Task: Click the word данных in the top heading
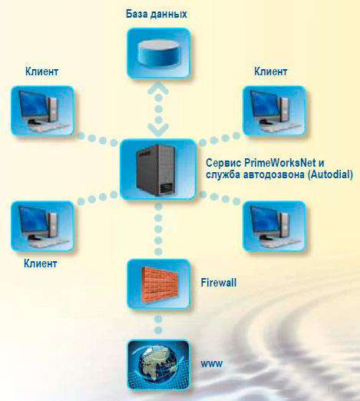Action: (x=169, y=15)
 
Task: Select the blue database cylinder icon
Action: (x=158, y=53)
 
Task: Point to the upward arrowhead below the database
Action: (x=158, y=88)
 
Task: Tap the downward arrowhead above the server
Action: (x=158, y=130)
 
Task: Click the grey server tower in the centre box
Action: (x=155, y=170)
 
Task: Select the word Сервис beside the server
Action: (x=223, y=163)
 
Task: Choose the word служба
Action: (x=223, y=174)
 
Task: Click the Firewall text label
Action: (x=218, y=283)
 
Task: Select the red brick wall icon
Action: (x=159, y=284)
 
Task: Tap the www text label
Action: (x=212, y=363)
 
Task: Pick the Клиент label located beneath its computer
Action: (x=40, y=263)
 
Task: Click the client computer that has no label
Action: (x=274, y=226)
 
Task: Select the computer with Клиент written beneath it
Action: (x=42, y=226)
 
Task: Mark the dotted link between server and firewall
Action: (x=158, y=229)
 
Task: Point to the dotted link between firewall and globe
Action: (x=158, y=324)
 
